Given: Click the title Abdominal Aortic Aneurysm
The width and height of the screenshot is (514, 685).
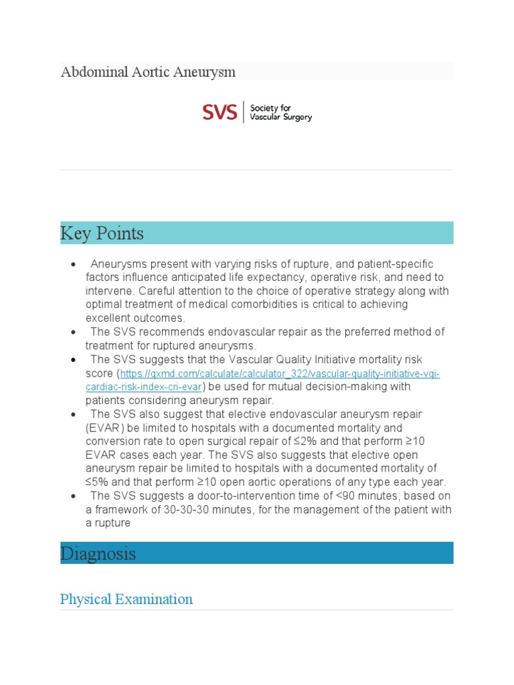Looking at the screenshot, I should click(148, 72).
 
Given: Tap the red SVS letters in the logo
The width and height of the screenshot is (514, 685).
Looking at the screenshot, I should click(220, 112).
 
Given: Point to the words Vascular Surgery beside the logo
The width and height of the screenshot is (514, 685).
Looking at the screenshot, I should click(280, 117).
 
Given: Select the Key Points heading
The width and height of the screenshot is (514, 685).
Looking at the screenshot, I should click(102, 233).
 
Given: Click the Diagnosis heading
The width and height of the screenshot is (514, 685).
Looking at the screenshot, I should click(98, 553).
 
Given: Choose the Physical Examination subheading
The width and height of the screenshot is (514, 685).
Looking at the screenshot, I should click(126, 599).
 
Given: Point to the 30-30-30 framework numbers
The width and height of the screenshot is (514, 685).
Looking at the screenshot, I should click(194, 510).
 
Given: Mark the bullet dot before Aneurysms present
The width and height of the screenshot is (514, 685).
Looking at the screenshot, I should click(72, 264).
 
